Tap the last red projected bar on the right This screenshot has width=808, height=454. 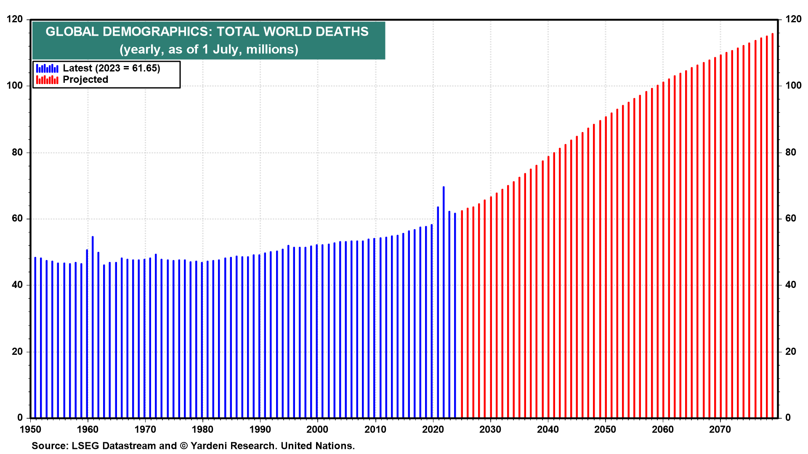point(772,227)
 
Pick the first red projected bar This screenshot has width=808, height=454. point(462,315)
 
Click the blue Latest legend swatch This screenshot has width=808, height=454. point(47,69)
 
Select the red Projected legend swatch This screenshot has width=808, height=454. point(47,80)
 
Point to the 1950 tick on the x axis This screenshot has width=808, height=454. point(31,430)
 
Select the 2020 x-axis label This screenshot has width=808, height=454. point(433,430)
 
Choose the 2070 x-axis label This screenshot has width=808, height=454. point(720,430)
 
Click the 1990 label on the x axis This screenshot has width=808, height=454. point(260,430)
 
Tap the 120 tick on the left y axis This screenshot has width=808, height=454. point(15,19)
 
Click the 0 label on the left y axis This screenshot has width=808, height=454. point(20,418)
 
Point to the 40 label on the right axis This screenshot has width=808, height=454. point(791,285)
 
